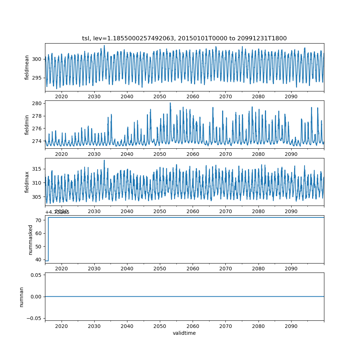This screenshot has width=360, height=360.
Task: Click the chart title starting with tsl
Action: (184, 39)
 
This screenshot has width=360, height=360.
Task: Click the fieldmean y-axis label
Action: (27, 67)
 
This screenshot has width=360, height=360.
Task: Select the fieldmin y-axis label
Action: (27, 125)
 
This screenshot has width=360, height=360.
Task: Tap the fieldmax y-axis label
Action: (27, 182)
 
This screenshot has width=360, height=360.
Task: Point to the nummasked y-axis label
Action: (31, 239)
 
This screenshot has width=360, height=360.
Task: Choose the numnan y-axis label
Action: (21, 297)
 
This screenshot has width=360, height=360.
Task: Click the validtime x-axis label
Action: (184, 333)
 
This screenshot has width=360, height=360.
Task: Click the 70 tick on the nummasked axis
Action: (40, 220)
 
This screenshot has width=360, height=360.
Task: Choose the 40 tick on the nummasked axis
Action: (40, 260)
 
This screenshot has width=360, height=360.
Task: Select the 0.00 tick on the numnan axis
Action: (36, 297)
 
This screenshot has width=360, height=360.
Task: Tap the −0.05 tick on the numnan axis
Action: (35, 318)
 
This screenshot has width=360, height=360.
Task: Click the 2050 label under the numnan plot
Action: (160, 325)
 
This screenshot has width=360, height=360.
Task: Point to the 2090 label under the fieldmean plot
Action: (291, 96)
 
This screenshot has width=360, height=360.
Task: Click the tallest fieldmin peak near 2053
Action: (170, 103)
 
